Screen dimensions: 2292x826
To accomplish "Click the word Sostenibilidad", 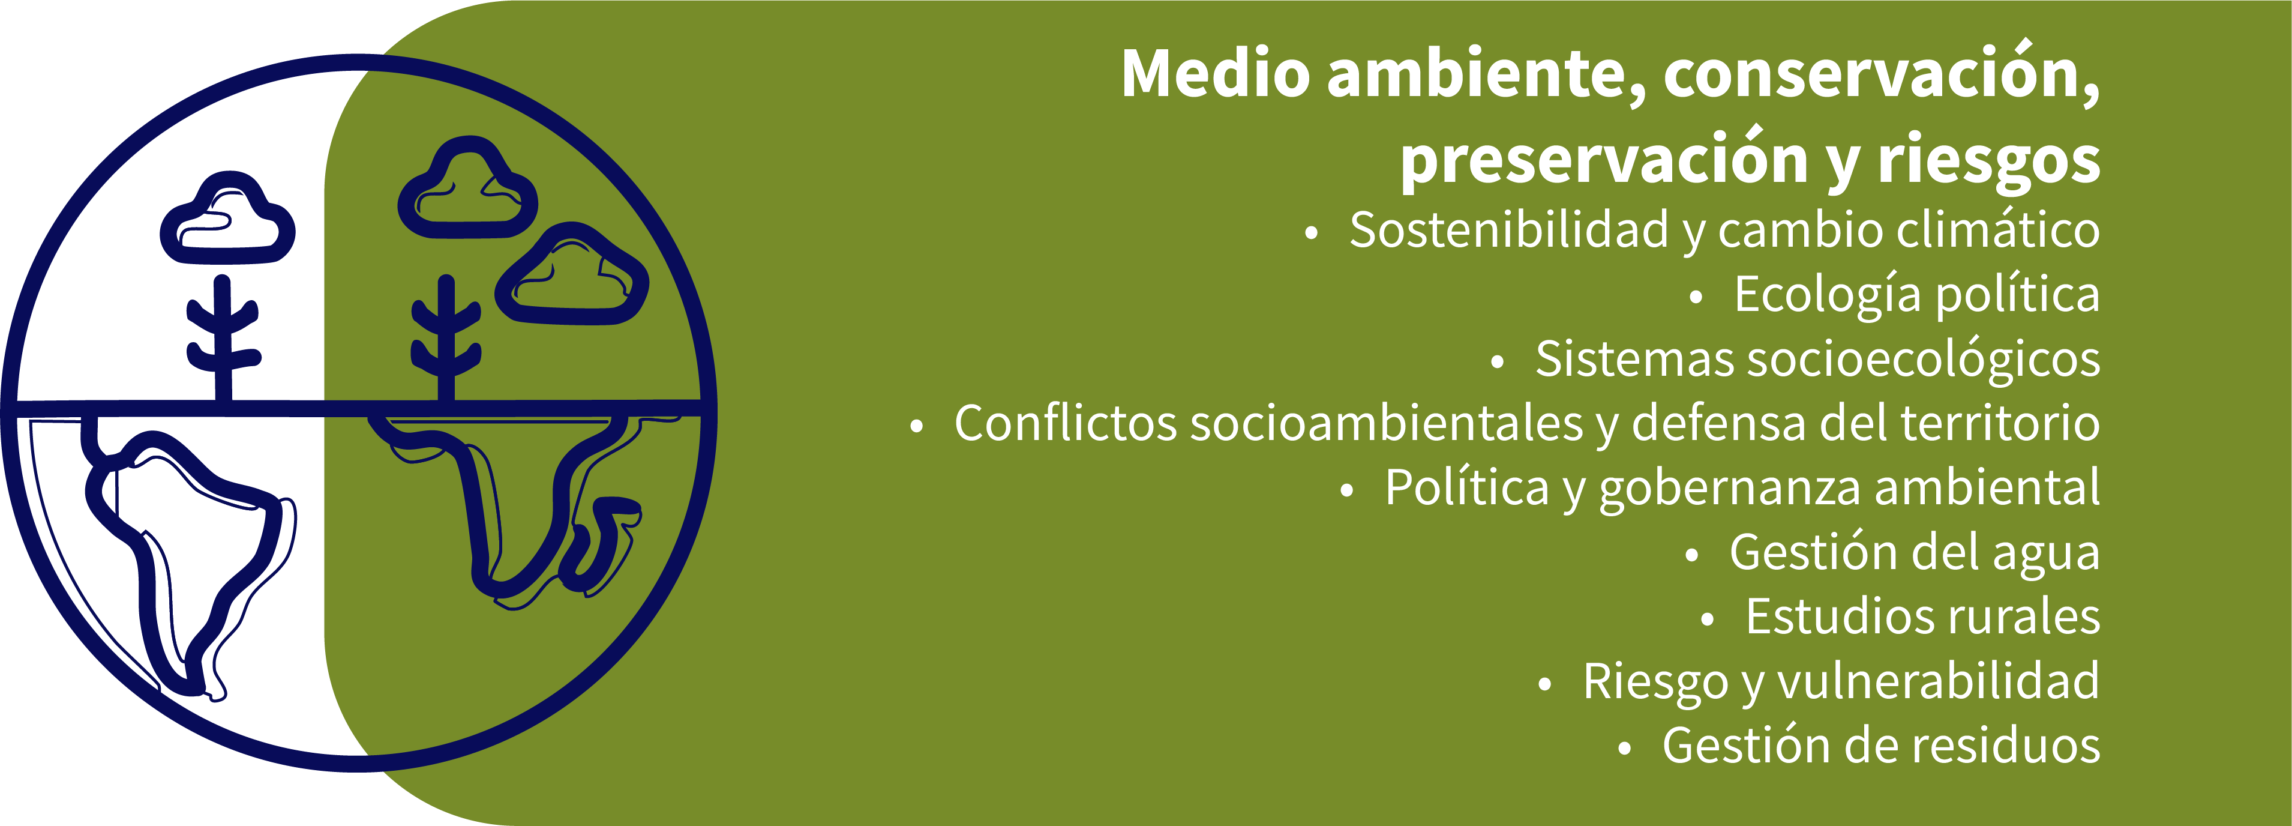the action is tap(1509, 230).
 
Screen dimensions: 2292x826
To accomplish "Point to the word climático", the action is tap(1999, 230).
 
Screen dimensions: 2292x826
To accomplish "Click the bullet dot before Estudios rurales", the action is tap(1706, 620).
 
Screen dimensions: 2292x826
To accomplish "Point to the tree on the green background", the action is tap(446, 338).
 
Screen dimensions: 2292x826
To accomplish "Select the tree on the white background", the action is tap(223, 338).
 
